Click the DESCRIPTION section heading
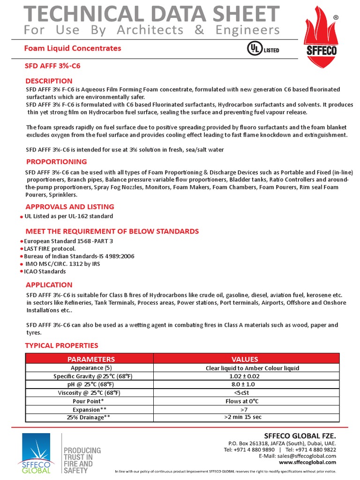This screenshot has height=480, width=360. tap(49, 81)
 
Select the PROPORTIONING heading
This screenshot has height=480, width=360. tap(56, 162)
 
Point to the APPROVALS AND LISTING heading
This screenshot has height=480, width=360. tap(69, 207)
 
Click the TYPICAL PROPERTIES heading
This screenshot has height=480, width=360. tap(61, 345)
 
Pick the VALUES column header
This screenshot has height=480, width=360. tap(245, 359)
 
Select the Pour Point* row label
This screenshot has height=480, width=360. tap(89, 401)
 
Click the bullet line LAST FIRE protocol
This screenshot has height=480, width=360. tap(50, 248)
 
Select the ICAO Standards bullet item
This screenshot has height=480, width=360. tap(45, 271)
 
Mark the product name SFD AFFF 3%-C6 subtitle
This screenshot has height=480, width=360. tap(52, 66)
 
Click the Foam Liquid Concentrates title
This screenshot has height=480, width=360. tap(72, 48)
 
